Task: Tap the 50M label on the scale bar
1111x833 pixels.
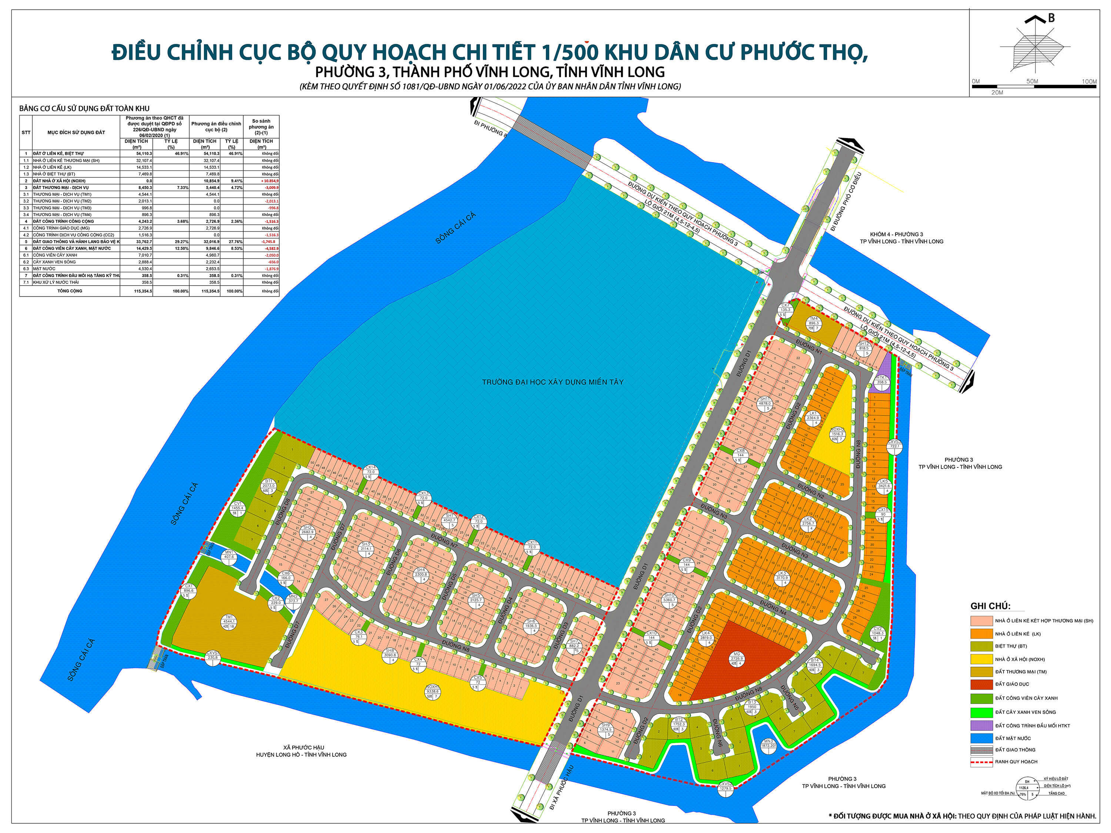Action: (1032, 81)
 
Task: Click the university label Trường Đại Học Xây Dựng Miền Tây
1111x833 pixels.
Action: (553, 382)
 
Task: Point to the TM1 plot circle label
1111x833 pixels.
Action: (229, 622)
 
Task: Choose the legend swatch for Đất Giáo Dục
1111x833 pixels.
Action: (981, 684)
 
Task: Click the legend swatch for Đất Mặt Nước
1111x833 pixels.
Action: (981, 739)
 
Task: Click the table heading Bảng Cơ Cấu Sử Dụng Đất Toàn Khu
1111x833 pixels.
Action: (84, 109)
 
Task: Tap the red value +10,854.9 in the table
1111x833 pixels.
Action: (269, 181)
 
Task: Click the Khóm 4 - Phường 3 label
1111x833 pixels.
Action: (897, 234)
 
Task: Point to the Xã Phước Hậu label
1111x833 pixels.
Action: (303, 747)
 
